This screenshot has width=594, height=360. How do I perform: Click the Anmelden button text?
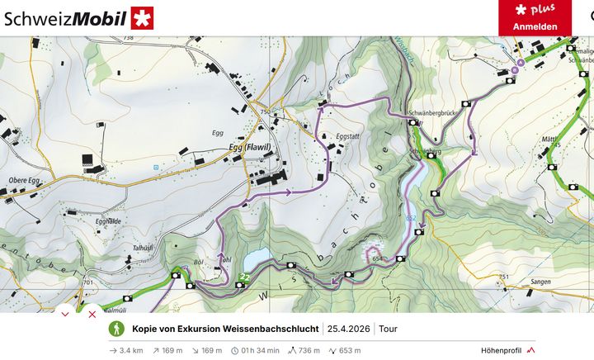point(535,26)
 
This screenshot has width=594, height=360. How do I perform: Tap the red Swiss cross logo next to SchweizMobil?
point(143,17)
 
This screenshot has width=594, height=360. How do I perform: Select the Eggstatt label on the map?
point(348,135)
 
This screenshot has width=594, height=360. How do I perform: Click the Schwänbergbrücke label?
point(432,114)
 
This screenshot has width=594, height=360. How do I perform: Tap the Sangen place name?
point(540,282)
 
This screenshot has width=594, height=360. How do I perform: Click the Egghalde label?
point(108,221)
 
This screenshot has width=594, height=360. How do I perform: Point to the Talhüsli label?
point(144,247)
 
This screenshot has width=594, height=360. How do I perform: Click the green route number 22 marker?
point(244,277)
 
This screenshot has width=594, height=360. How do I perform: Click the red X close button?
point(92,314)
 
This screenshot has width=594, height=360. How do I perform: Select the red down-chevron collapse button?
point(65,314)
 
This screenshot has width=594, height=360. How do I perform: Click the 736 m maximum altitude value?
point(309,350)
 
